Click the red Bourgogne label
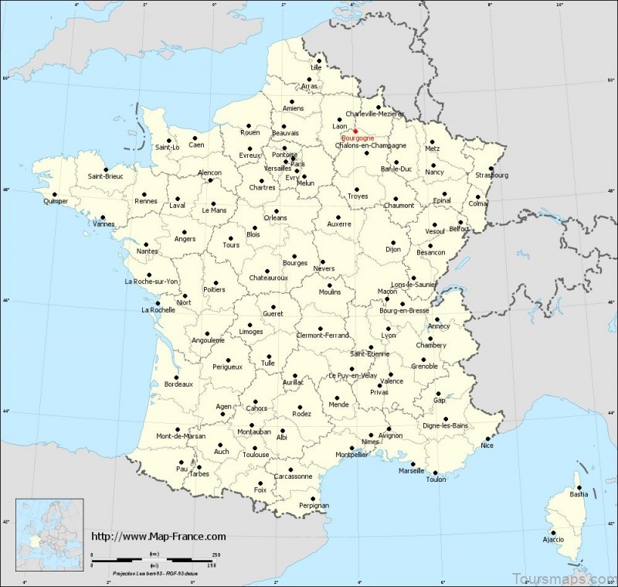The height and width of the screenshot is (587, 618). tap(358, 138)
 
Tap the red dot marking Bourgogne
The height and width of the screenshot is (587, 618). tap(355, 131)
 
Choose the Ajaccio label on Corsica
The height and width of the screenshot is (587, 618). tap(552, 538)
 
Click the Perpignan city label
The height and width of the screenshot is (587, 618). tap(314, 505)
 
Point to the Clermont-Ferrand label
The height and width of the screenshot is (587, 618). tap(323, 335)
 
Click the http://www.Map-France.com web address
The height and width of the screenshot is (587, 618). tap(159, 536)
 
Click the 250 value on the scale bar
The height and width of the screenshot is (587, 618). tap(216, 554)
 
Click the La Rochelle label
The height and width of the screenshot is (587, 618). tap(157, 311)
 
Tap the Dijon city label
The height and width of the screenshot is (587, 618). tap(394, 250)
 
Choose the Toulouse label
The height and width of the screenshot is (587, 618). tap(255, 455)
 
